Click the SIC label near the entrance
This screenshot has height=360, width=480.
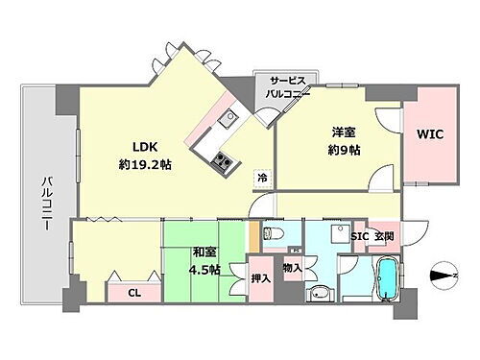pos(360,236)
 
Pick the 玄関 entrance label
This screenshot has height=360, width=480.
pos(384,236)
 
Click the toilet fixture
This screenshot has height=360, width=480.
pos(272,233)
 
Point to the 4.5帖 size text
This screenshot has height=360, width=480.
pos(204,270)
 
